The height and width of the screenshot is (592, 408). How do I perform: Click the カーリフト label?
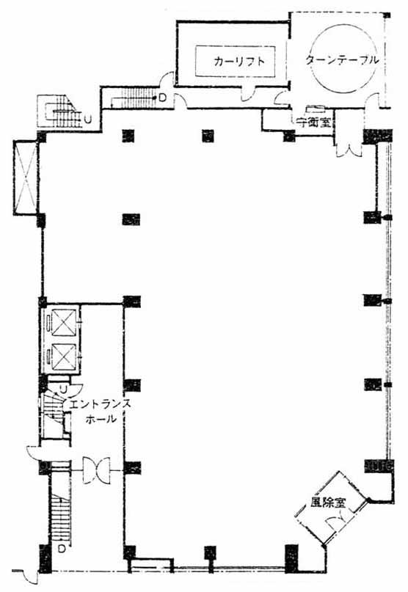pyautogui.click(x=239, y=61)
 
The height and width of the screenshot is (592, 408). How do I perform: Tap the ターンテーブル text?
pyautogui.click(x=342, y=59)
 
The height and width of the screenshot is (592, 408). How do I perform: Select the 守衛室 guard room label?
pyautogui.click(x=313, y=122)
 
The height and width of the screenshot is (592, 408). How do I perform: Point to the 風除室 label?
pyautogui.click(x=328, y=503)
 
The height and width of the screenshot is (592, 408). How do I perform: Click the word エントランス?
pyautogui.click(x=101, y=404)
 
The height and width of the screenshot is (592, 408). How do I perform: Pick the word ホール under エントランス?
pyautogui.click(x=101, y=419)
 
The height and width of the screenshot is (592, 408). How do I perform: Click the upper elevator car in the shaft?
pyautogui.click(x=63, y=323)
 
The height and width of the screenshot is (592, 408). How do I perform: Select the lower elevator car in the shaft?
pyautogui.click(x=63, y=357)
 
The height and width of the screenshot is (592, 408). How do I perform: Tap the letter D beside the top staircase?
pyautogui.click(x=162, y=98)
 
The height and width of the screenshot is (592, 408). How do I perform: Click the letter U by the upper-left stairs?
pyautogui.click(x=87, y=120)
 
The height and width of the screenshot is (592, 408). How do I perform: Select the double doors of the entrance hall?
pyautogui.click(x=96, y=470)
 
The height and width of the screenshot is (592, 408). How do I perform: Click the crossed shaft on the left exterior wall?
pyautogui.click(x=25, y=177)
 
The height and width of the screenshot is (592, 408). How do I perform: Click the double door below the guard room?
pyautogui.click(x=349, y=149)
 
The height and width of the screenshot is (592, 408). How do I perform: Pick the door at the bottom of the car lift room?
pyautogui.click(x=248, y=94)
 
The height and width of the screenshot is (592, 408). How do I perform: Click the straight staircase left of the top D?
pyautogui.click(x=134, y=98)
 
